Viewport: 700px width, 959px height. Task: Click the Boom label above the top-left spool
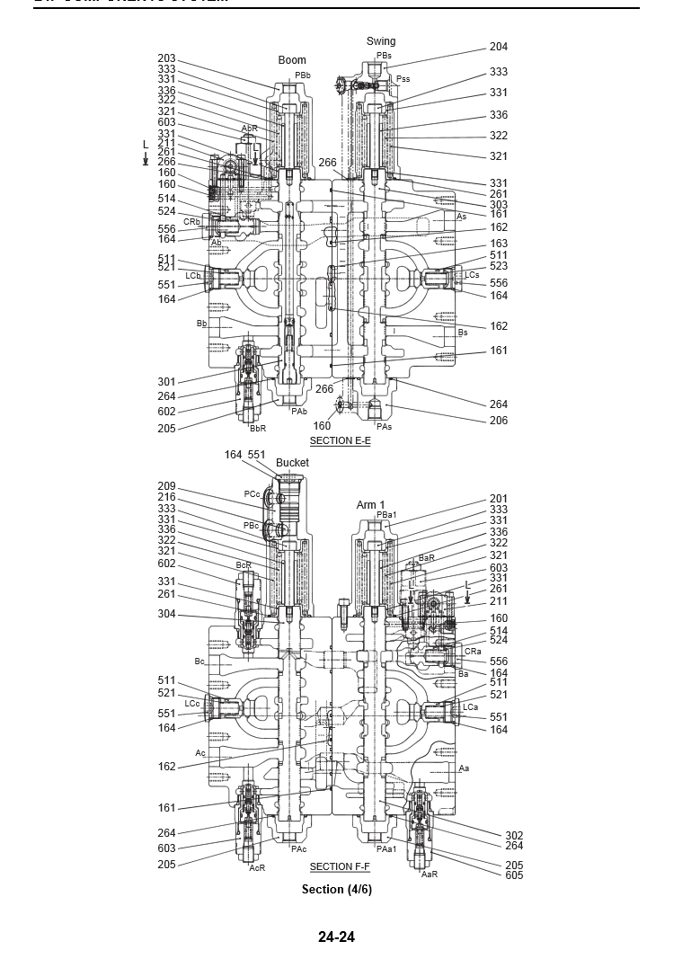coord(292,60)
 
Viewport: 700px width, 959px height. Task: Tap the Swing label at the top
coord(381,41)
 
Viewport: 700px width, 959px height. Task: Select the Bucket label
coord(292,463)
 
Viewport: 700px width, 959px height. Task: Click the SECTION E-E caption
coord(340,440)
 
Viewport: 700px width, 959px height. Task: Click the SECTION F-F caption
coord(340,866)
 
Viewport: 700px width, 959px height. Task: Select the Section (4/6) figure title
coord(336,889)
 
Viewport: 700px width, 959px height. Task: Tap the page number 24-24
coord(336,937)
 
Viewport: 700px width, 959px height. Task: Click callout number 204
coord(499,47)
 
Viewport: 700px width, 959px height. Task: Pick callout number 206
coord(499,421)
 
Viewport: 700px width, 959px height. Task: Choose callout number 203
coord(166,58)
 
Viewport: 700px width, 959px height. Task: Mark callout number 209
coord(166,486)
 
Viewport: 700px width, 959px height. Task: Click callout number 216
coord(166,497)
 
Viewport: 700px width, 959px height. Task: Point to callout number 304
coord(166,615)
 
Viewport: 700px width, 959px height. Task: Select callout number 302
coord(514,835)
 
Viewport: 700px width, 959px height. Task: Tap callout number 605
coord(514,875)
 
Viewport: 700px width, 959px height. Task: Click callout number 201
coord(499,499)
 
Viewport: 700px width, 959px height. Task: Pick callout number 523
coord(499,266)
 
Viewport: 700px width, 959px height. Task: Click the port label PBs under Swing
coord(384,56)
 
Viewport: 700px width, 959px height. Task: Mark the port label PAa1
coord(386,849)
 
